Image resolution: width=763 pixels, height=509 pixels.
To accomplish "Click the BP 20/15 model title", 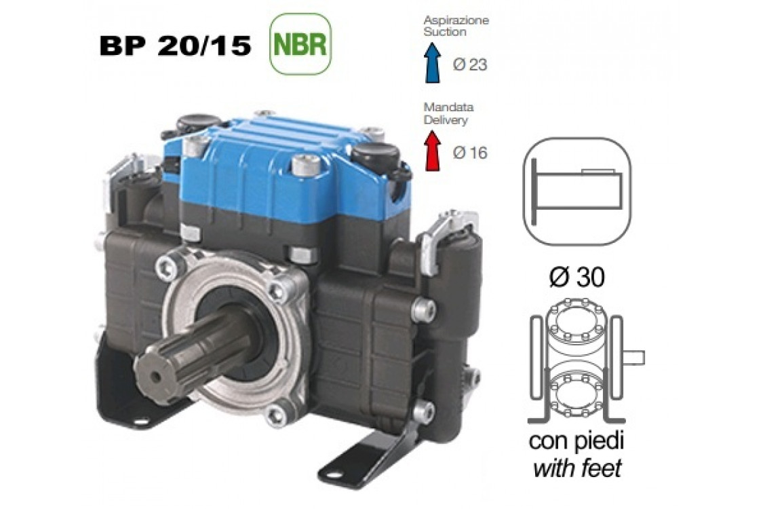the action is coord(175,46).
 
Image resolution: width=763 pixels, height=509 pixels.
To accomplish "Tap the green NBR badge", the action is coord(300,44).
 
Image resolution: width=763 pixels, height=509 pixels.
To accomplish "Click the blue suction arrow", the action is coord(432,62).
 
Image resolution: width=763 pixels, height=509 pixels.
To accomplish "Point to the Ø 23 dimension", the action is coord(469,64).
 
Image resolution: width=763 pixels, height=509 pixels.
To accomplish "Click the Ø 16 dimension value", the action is coord(469,153).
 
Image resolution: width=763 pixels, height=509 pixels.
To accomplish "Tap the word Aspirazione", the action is coord(456,21).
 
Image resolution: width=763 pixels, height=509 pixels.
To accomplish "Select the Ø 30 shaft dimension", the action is coord(576,277).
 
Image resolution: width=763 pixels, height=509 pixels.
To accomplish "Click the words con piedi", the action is coord(576,442).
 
